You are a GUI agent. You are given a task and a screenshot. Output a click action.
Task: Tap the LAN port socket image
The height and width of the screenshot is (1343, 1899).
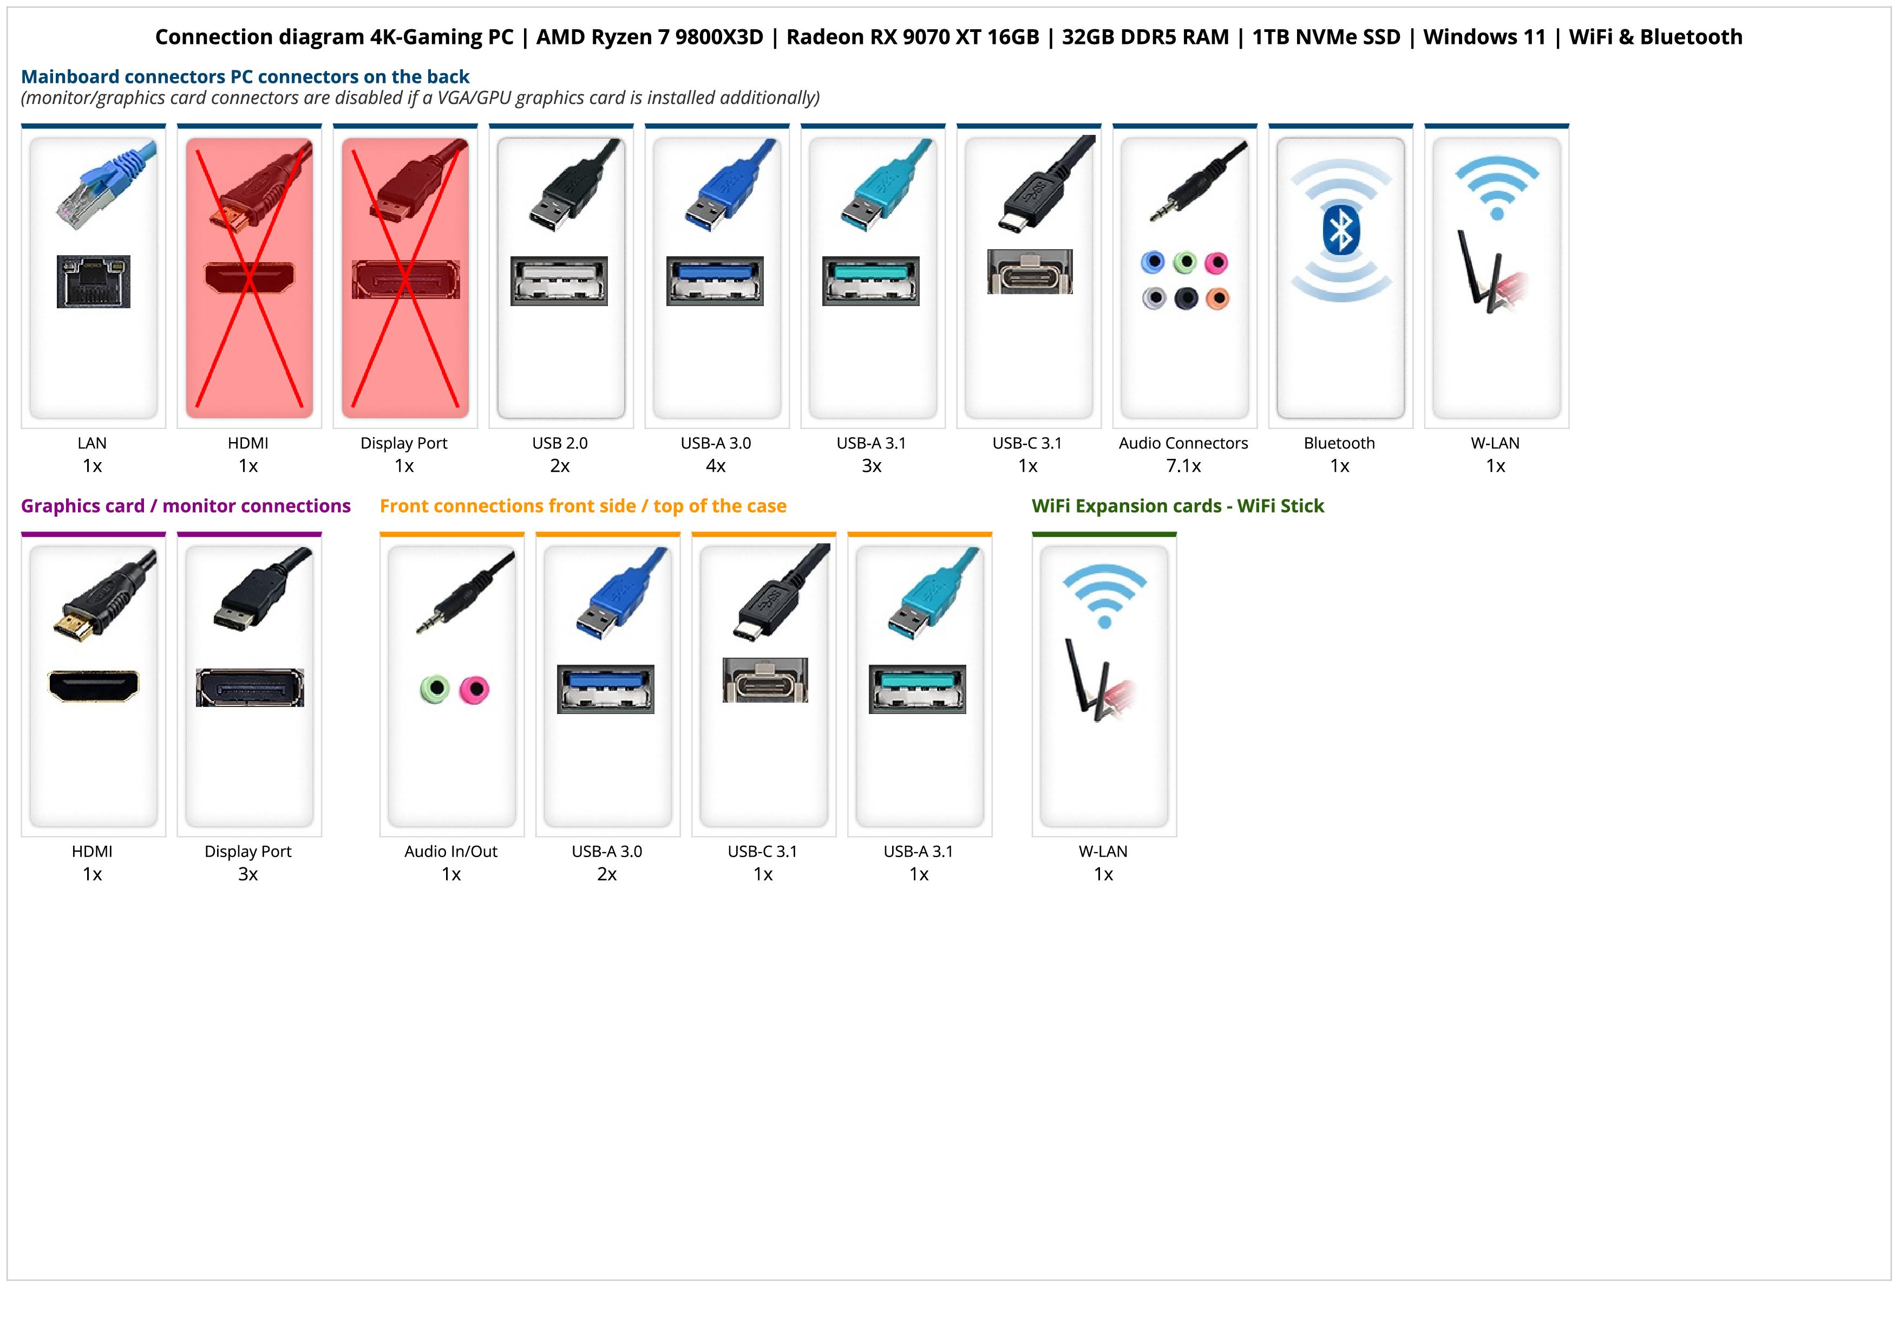tap(94, 281)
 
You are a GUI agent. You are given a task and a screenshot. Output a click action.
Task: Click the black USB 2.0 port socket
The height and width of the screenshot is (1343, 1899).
tap(559, 281)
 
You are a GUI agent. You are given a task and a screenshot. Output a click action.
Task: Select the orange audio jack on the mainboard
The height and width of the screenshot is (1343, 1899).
tap(1217, 298)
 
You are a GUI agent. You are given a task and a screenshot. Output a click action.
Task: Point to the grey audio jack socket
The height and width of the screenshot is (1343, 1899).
tap(1154, 298)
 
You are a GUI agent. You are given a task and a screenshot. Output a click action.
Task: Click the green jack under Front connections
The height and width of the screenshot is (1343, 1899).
tap(434, 689)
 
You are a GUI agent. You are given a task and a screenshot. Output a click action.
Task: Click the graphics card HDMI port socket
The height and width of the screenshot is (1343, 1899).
tap(94, 685)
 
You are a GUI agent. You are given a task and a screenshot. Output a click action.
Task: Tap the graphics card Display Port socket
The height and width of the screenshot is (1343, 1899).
tap(250, 687)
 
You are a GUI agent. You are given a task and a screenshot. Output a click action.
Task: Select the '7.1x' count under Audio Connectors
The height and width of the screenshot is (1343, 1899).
tap(1183, 466)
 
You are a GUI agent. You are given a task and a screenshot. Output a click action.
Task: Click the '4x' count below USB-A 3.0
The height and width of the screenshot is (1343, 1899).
tap(716, 466)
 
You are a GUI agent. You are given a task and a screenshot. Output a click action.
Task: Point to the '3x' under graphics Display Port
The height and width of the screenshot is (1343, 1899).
tap(248, 874)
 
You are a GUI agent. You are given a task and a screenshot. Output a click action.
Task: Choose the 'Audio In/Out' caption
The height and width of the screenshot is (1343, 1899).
tap(451, 852)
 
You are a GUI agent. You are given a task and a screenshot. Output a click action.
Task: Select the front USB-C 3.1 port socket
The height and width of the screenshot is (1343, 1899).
tap(765, 680)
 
